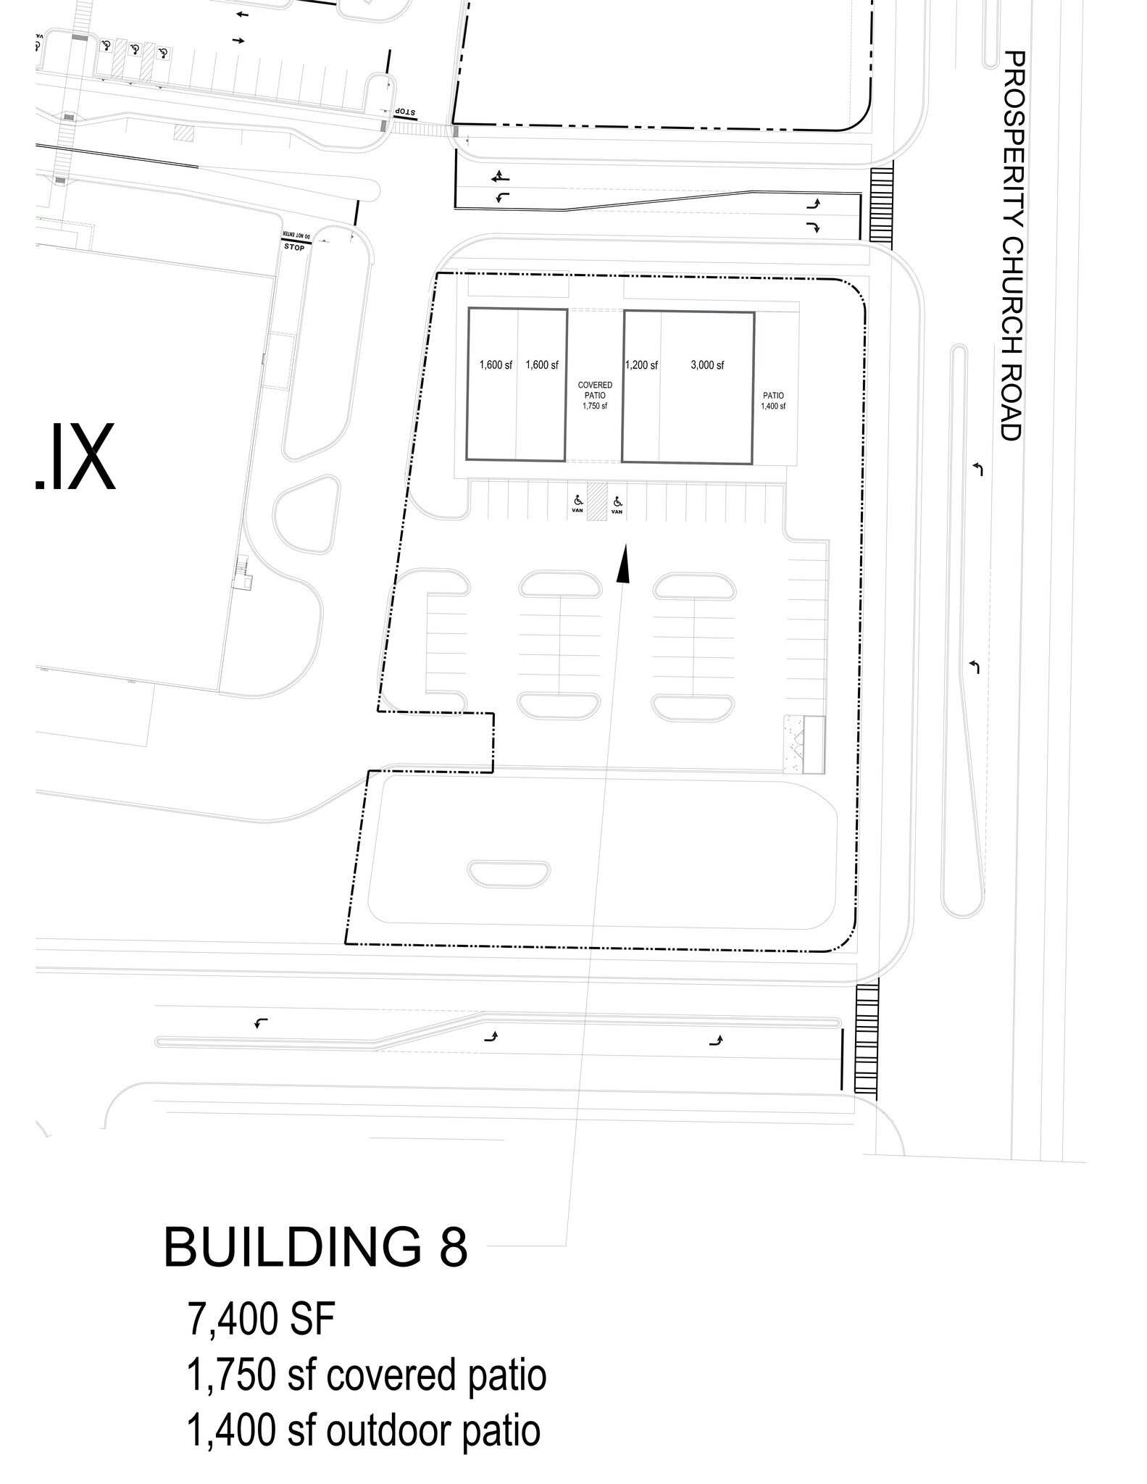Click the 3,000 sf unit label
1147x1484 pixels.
(x=706, y=365)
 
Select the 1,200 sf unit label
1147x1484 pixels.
(x=641, y=365)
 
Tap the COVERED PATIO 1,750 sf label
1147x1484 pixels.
(x=594, y=396)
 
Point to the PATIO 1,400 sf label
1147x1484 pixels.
(x=772, y=401)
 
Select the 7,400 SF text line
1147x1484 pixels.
(x=261, y=1320)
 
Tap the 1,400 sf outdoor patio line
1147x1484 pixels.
(x=363, y=1430)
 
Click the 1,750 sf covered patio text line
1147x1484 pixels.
(x=366, y=1375)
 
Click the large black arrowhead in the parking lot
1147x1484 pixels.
(x=622, y=564)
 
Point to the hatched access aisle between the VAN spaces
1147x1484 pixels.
(x=596, y=501)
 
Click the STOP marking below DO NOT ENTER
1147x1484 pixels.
(x=294, y=247)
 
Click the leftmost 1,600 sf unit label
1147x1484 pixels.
(x=496, y=365)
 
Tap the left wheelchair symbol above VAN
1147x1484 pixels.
(x=577, y=500)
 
